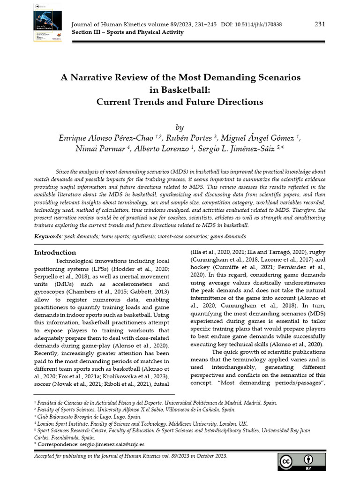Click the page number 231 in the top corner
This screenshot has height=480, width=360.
(x=320, y=24)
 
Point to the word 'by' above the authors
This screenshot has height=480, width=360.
(x=180, y=127)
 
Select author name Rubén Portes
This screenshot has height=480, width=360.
(x=191, y=138)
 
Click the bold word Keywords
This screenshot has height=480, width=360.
(x=48, y=237)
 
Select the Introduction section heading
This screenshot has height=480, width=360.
(x=55, y=253)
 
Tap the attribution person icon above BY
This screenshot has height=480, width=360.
(x=309, y=459)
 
